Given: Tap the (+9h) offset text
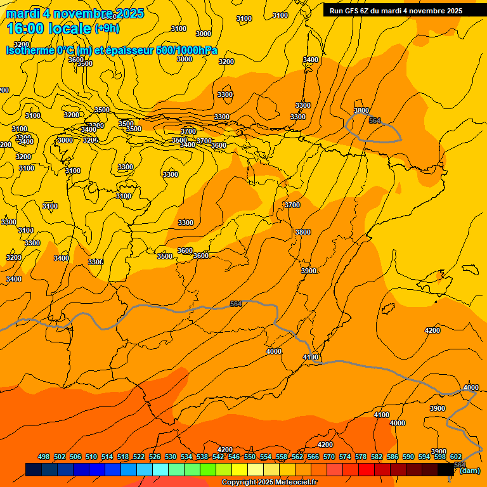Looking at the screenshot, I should point(106,29).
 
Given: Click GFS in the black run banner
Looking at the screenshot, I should point(354,11).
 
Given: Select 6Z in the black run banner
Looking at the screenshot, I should point(370,11).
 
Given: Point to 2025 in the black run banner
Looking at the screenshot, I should point(452,11).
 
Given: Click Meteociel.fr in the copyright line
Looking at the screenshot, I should point(290,483).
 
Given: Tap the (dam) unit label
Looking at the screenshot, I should point(470,471).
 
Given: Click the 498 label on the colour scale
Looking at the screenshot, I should point(44,457).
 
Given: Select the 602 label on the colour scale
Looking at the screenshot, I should point(456,457).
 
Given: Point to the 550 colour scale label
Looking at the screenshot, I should point(250,457).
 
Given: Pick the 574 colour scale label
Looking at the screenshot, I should point(345,457).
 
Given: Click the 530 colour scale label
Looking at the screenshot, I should point(171,457).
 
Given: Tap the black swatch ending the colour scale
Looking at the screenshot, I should point(446,469).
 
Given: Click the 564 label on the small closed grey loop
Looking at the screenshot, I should point(375,120).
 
